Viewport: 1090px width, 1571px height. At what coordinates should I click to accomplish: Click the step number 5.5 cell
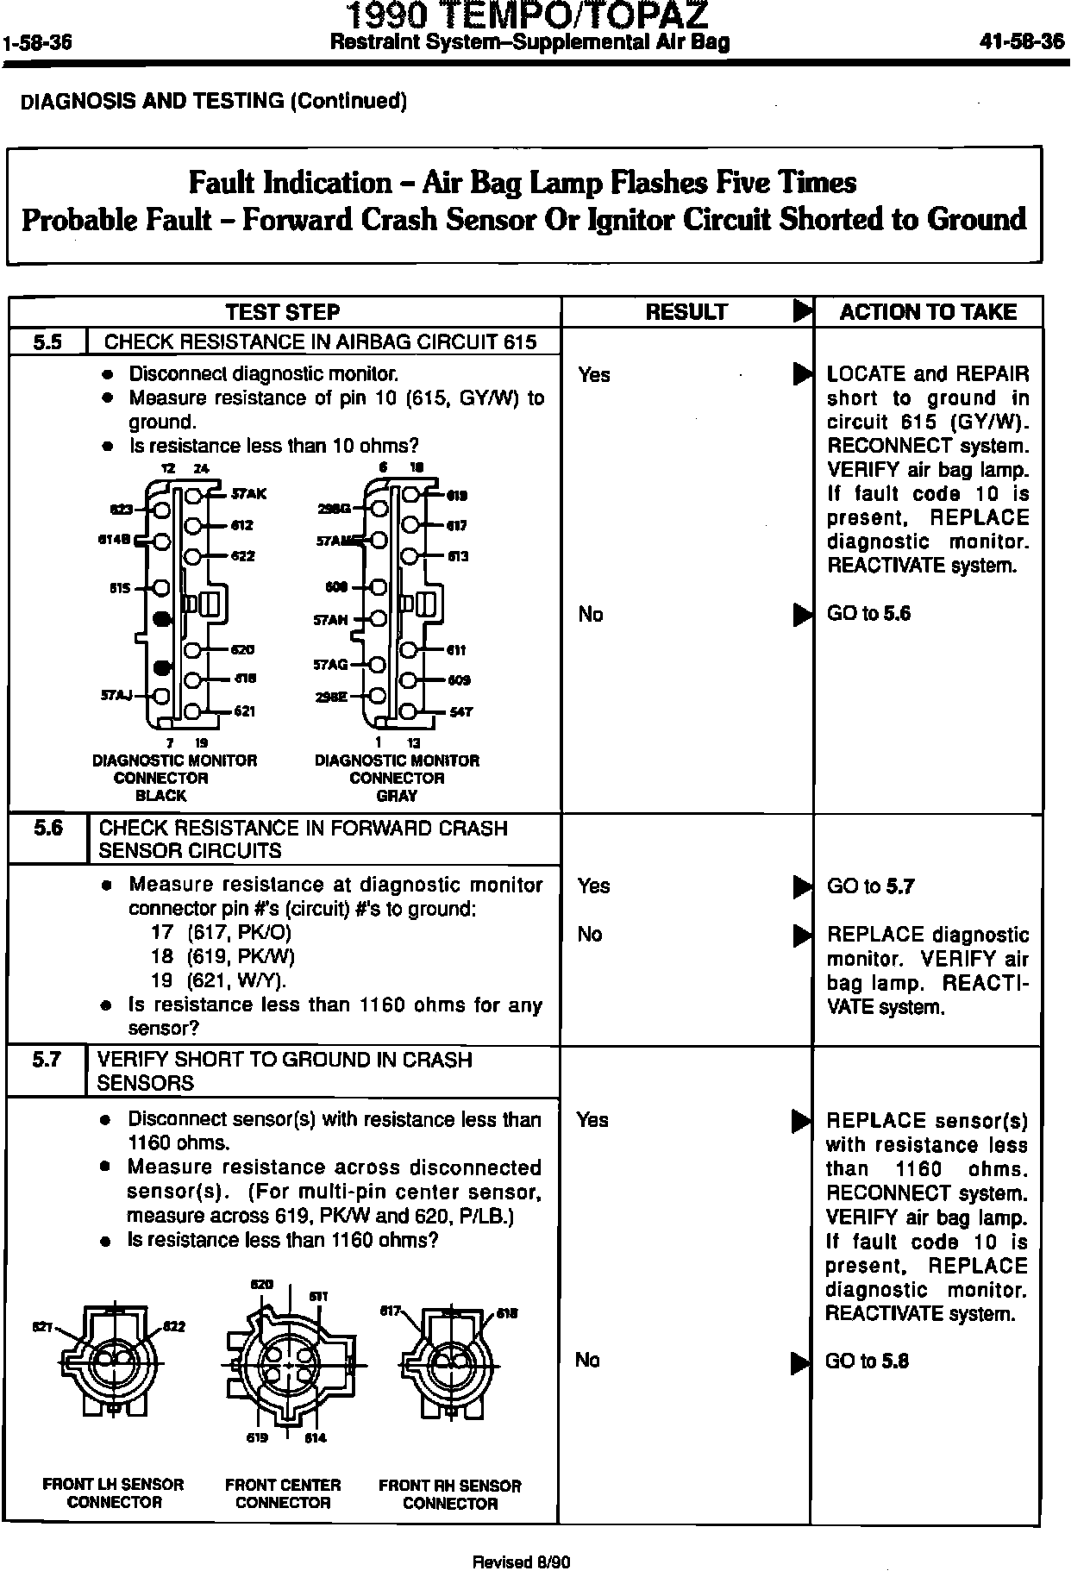coord(48,341)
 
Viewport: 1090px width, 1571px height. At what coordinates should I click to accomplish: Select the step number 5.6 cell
coord(48,829)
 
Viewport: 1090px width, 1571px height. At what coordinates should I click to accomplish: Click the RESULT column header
coord(686,312)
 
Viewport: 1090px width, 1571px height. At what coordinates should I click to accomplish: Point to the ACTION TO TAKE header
coord(928,312)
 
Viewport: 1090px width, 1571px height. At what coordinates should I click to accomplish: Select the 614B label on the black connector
coord(115,541)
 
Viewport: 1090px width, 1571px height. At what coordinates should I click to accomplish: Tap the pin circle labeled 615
coord(162,588)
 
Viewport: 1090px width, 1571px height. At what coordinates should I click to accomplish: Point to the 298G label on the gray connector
coord(333,509)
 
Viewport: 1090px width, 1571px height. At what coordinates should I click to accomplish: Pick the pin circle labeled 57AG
coord(377,665)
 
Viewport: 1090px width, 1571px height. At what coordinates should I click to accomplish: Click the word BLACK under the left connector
coord(161,796)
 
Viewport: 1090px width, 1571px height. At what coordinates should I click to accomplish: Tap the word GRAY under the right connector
coord(397,796)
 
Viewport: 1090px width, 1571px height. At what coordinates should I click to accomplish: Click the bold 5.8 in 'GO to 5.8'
coord(897,1361)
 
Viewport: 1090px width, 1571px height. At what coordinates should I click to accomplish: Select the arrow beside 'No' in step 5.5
coord(802,615)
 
